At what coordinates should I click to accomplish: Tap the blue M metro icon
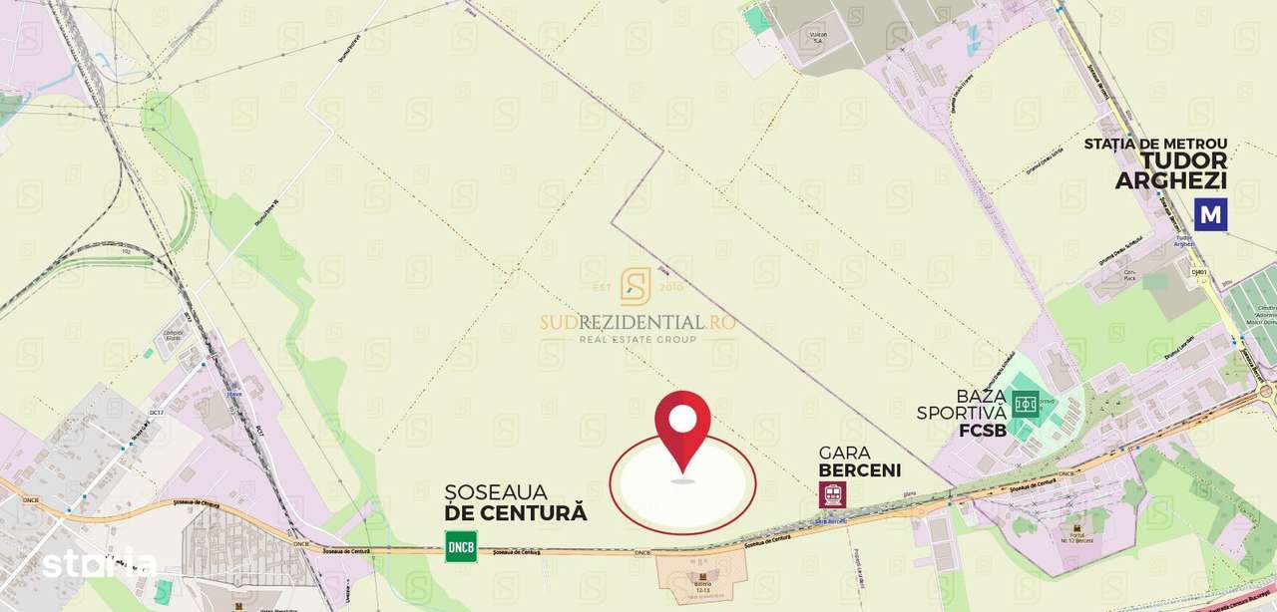tap(1211, 214)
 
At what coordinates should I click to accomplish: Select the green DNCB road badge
tap(461, 546)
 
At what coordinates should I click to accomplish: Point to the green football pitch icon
tap(1025, 404)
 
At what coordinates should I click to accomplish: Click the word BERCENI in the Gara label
tap(859, 470)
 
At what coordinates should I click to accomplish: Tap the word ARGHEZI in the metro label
tap(1171, 181)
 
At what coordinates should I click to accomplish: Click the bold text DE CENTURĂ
tap(516, 514)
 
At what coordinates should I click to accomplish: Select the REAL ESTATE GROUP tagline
tap(638, 340)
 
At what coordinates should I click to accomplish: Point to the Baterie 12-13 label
tap(704, 583)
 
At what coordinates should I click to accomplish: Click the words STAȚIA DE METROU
tap(1155, 145)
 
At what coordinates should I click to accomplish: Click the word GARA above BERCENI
tap(837, 451)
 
